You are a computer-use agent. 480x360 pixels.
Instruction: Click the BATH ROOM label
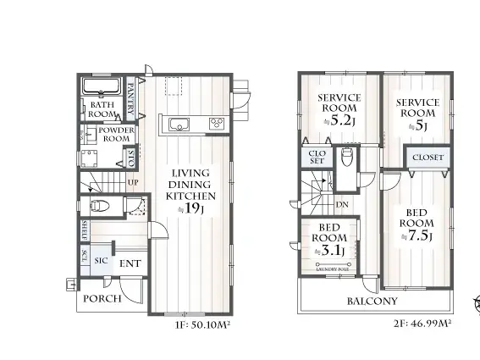coord(102,109)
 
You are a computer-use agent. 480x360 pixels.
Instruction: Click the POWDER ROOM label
coord(115,134)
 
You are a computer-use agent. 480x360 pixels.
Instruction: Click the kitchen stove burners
coord(216,124)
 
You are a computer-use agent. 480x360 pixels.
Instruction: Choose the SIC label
coord(101,262)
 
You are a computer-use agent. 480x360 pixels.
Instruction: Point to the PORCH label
coord(102,298)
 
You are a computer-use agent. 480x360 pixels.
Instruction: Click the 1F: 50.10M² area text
coord(201,323)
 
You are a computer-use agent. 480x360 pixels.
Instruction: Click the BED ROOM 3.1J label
coord(329,238)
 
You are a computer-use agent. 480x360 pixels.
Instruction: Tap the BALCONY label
coord(372,301)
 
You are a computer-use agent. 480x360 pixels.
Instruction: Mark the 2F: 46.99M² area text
coord(421,323)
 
